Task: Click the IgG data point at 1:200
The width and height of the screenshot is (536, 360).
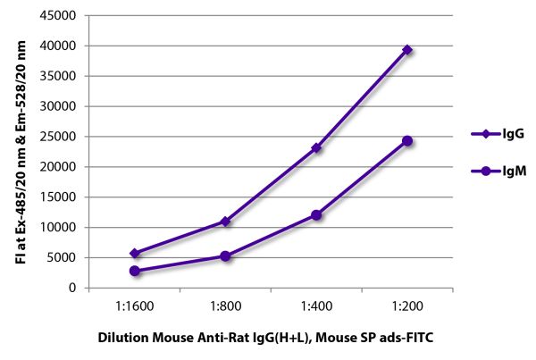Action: [407, 50]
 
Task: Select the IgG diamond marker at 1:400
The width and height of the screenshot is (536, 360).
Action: [316, 147]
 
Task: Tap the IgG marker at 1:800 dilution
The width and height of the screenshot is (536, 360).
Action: [225, 222]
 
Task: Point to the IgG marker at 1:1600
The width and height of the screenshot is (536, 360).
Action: [134, 254]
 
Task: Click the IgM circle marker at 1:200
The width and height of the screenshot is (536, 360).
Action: [407, 140]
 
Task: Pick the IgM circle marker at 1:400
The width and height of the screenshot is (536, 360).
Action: [316, 214]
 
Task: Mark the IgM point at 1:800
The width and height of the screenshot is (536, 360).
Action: [225, 256]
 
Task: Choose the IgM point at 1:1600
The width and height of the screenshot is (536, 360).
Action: [134, 271]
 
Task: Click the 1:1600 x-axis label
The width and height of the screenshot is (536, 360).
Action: [134, 306]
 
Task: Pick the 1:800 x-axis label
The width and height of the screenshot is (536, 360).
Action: [225, 306]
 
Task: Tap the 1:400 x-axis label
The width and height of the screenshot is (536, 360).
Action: [316, 306]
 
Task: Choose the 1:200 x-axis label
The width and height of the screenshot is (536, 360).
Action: [407, 306]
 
